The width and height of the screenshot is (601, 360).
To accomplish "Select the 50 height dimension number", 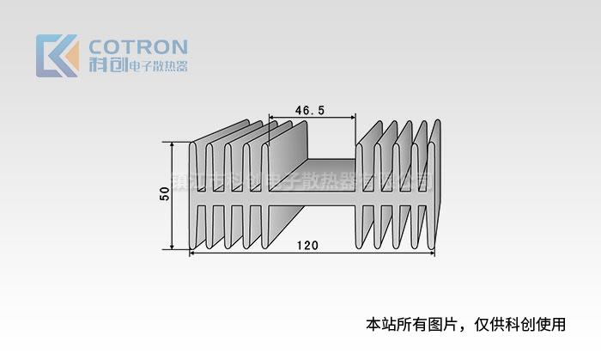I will click(x=164, y=195).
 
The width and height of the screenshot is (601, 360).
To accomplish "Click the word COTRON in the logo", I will click(x=138, y=46).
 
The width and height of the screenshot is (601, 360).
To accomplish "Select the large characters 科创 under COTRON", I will click(x=106, y=65).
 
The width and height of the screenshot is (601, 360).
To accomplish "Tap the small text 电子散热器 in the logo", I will click(x=157, y=66).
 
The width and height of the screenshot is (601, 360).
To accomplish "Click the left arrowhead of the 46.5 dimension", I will click(x=272, y=118).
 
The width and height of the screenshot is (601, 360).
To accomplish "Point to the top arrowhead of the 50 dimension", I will click(x=173, y=145).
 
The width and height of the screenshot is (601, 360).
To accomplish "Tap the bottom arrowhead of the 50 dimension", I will click(x=173, y=246).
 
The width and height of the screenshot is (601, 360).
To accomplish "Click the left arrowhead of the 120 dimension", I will click(x=191, y=253).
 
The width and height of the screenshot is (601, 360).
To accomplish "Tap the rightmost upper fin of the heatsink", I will click(x=434, y=168).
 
